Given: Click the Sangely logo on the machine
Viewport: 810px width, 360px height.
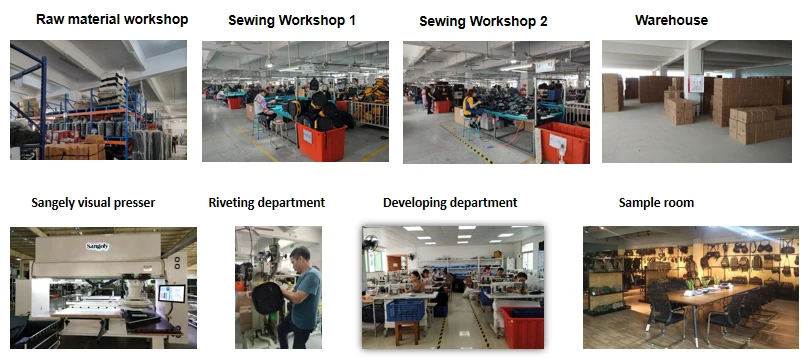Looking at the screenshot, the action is coord(98,246).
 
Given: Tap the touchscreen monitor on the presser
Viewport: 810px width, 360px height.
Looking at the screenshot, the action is coord(172,293).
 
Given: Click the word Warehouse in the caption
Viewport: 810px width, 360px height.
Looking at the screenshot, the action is coord(671,20).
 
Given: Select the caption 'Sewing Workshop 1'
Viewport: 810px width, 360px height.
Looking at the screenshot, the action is coord(292,21).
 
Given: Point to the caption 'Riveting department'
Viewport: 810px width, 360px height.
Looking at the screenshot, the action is coord(267,202).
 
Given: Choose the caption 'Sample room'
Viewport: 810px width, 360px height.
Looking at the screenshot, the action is coord(656,202).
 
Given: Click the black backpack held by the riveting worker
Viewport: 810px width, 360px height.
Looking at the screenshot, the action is coord(267,298).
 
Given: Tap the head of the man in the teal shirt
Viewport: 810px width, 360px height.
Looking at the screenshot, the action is coord(301,256).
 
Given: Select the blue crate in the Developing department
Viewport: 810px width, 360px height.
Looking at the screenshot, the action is coord(405,310).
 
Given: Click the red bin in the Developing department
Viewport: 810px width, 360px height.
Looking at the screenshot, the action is coord(522,327).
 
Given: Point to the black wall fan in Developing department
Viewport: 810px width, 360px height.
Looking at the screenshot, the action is coord(370,243).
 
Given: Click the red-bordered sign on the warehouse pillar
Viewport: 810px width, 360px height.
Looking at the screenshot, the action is coord(696,84).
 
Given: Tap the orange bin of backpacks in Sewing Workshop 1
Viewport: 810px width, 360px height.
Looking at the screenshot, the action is coord(321,140).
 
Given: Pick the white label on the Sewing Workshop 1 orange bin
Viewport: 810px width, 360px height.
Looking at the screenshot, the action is coord(307,136).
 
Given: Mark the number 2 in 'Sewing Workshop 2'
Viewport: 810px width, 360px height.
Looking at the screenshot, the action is coord(542,21).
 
